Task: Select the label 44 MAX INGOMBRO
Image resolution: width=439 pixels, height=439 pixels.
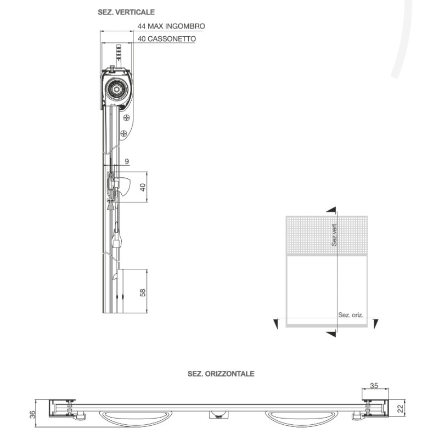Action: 172,26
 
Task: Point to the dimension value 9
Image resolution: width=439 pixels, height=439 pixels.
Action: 127,161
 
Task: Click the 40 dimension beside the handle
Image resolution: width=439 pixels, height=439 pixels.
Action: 143,187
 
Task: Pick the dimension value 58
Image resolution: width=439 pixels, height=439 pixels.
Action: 143,291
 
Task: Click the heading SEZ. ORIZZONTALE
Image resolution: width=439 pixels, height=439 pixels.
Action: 221,374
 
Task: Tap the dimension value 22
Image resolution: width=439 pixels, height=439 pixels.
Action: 400,408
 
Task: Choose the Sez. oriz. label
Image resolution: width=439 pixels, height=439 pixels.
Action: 350,315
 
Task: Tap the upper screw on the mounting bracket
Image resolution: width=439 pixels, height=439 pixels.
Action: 127,117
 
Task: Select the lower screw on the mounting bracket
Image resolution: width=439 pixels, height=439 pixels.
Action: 123,132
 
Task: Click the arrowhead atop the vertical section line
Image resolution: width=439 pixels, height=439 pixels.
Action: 330,209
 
